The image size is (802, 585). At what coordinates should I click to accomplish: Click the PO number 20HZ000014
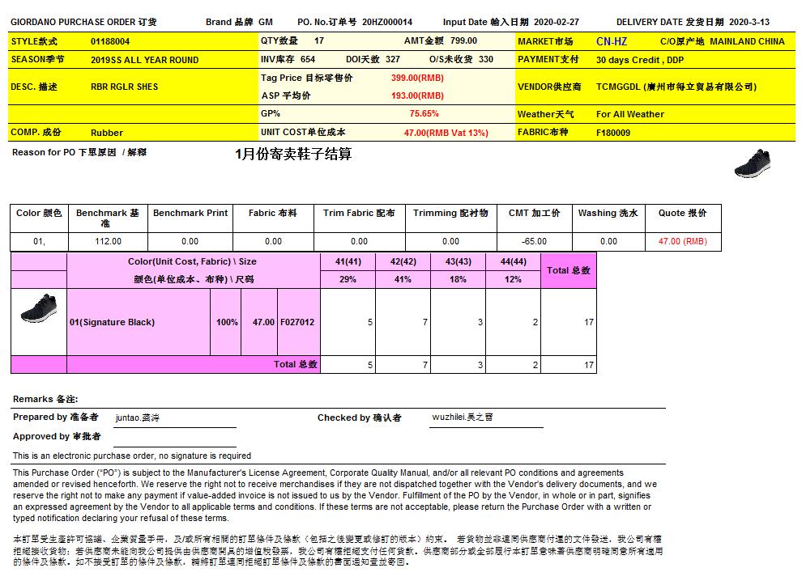[x=387, y=23]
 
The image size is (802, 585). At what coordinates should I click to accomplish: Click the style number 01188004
[x=110, y=40]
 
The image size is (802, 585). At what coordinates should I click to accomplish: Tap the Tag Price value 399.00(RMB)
[x=417, y=78]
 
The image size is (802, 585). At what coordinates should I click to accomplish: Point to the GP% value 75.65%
[x=424, y=114]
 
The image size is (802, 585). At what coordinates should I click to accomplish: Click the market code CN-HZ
[x=611, y=41]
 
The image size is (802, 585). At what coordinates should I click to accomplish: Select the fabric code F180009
[x=613, y=132]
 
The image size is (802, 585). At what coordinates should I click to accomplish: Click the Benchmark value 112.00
[x=108, y=241]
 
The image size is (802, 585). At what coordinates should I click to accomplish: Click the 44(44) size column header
[x=513, y=261]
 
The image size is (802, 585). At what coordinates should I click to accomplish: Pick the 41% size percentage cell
[x=403, y=279]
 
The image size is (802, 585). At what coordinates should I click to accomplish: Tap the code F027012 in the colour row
[x=297, y=322]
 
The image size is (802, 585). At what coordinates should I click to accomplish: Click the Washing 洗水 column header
[x=608, y=213]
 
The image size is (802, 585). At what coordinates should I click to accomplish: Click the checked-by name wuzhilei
[x=462, y=418]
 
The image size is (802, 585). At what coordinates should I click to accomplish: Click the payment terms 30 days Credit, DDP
[x=639, y=60]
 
